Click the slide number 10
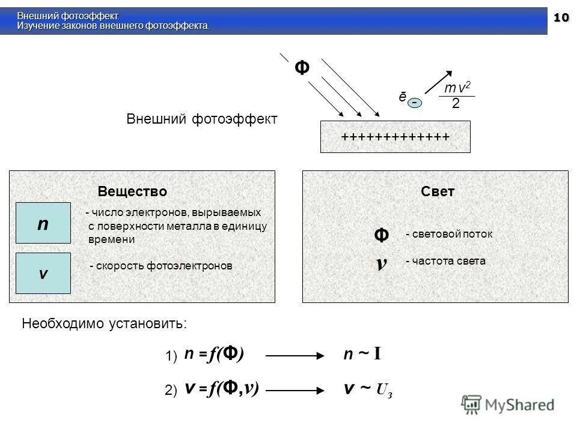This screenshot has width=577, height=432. point(560,18)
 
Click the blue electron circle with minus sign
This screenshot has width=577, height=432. point(415,103)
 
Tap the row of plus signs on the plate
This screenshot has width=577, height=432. point(395,137)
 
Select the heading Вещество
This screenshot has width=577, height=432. point(132,191)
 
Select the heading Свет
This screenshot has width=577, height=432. point(438,191)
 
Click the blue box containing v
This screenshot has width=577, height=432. point(43,274)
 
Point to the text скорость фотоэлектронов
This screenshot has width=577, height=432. point(160,266)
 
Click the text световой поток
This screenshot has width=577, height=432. point(449,234)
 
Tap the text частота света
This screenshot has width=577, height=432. point(445,261)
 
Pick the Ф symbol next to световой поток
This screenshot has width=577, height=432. point(381,235)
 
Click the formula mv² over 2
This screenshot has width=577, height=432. point(456,96)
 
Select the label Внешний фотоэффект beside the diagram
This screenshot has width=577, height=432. point(202,119)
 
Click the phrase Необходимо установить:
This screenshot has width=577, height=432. point(105,324)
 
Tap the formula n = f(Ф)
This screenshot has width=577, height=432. point(213,355)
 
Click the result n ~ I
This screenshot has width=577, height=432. point(362,355)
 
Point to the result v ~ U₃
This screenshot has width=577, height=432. point(368,389)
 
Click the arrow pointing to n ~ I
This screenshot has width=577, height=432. point(295,356)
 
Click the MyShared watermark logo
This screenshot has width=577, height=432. point(508,404)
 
